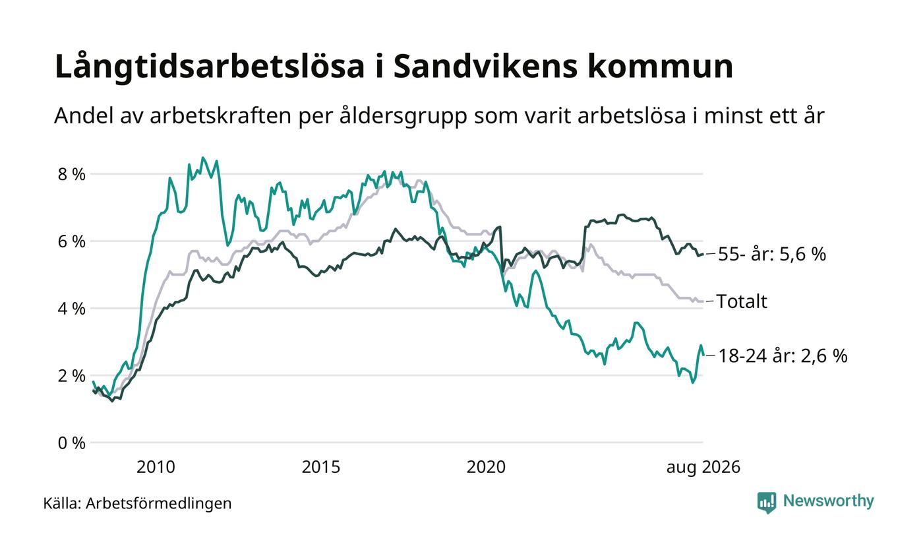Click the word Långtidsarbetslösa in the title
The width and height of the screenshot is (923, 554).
[210, 67]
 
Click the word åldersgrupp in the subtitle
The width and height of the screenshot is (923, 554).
[403, 116]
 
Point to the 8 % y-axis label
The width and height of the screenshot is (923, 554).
[72, 174]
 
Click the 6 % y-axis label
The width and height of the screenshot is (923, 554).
[72, 241]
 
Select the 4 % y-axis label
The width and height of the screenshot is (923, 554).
[72, 309]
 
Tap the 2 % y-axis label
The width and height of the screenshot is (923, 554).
[72, 376]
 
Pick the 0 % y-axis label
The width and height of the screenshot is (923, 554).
[72, 443]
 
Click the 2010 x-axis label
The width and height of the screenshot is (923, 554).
[156, 468]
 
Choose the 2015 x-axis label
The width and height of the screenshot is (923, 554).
[321, 468]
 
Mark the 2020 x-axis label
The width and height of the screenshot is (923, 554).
[487, 468]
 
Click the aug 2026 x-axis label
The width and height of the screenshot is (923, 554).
[703, 468]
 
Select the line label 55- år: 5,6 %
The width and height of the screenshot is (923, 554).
[772, 255]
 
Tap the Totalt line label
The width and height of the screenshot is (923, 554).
[742, 301]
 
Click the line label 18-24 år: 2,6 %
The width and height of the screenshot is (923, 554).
[783, 355]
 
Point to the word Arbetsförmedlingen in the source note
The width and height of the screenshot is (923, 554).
[159, 504]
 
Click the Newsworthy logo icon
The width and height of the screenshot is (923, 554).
[766, 503]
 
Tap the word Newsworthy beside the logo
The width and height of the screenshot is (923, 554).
[828, 501]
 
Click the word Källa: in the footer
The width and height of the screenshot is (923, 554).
[62, 503]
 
